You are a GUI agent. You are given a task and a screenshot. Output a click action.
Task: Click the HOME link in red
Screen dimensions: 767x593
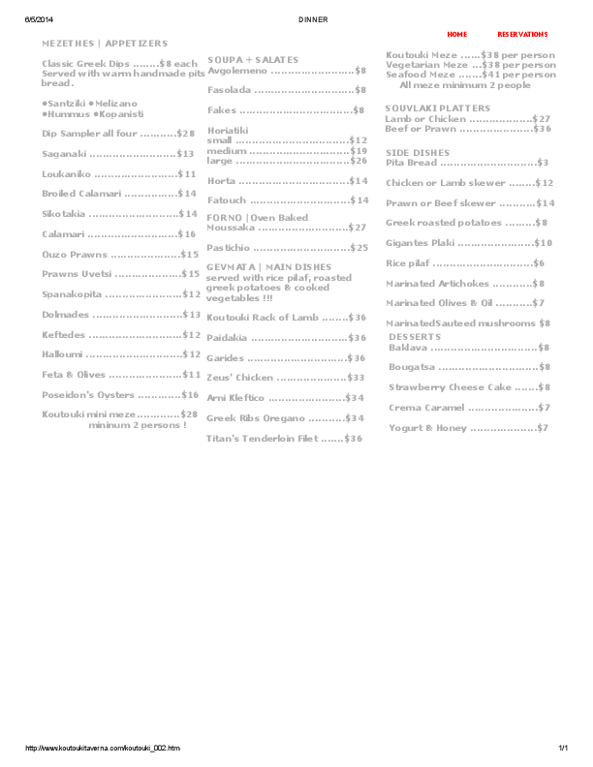coord(456,34)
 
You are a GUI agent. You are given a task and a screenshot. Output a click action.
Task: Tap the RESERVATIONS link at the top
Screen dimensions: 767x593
coord(522,34)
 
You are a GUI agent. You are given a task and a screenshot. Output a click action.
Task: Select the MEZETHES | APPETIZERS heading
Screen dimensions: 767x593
coord(105,44)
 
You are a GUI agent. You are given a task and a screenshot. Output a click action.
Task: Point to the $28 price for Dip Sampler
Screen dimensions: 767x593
coord(186,134)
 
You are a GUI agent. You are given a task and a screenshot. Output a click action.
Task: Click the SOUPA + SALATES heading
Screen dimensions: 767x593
coord(253,60)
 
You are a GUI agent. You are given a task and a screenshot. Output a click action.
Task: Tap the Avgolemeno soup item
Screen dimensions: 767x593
coord(238,71)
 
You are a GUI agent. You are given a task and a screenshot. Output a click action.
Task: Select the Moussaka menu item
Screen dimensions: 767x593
coord(232,228)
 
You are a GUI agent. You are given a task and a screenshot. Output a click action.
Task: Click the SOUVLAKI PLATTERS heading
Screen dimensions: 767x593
coord(438,108)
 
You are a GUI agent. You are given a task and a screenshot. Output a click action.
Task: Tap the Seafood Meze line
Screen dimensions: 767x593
coord(421,75)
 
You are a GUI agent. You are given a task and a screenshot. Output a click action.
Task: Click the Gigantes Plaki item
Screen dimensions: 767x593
coord(421,243)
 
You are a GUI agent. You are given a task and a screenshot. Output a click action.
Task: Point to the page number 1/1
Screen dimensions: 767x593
coord(562,749)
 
